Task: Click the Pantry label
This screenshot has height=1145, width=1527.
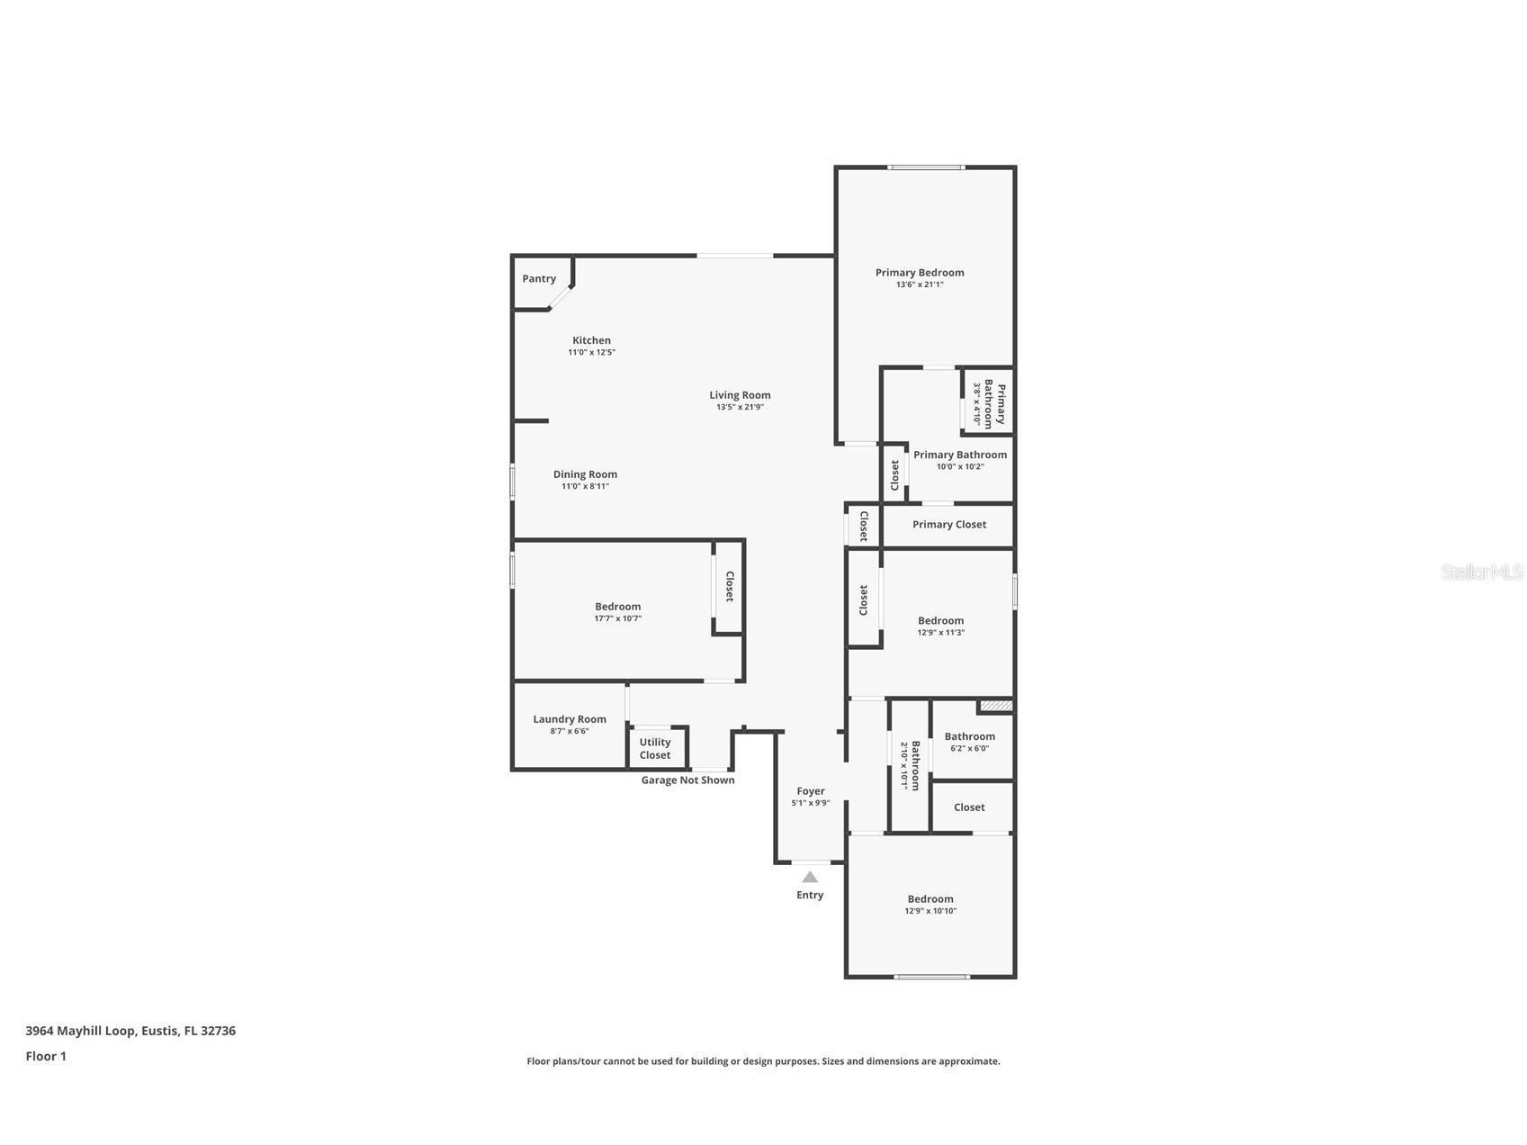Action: pos(539,279)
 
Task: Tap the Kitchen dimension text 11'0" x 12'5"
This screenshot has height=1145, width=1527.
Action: pos(591,353)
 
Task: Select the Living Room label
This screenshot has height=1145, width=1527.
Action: pos(740,395)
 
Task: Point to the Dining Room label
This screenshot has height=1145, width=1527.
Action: pos(585,474)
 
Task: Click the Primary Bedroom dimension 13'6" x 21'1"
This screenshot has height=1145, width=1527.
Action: pos(920,284)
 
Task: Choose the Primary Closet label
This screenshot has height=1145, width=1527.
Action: pos(949,525)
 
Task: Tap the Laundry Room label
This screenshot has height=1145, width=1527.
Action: pos(570,719)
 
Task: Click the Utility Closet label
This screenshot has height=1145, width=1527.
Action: pos(655,749)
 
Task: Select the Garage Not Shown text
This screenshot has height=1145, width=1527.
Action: pos(687,780)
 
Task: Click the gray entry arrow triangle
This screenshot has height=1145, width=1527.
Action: pos(810,877)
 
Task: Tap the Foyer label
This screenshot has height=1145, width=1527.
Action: pos(811,791)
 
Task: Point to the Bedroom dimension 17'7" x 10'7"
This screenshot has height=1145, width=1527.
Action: pos(617,618)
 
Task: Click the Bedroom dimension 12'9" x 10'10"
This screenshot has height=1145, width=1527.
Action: pos(930,911)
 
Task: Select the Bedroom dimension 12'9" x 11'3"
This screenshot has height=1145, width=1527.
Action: pos(940,633)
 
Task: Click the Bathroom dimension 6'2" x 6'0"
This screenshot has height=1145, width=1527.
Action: pos(969,748)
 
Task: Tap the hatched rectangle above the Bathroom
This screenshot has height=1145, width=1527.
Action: pos(996,707)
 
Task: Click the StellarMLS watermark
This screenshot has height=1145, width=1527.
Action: pos(1481,572)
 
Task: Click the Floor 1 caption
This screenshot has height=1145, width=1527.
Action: pos(46,1057)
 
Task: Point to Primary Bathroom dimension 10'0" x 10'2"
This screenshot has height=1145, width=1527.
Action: pos(960,466)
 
